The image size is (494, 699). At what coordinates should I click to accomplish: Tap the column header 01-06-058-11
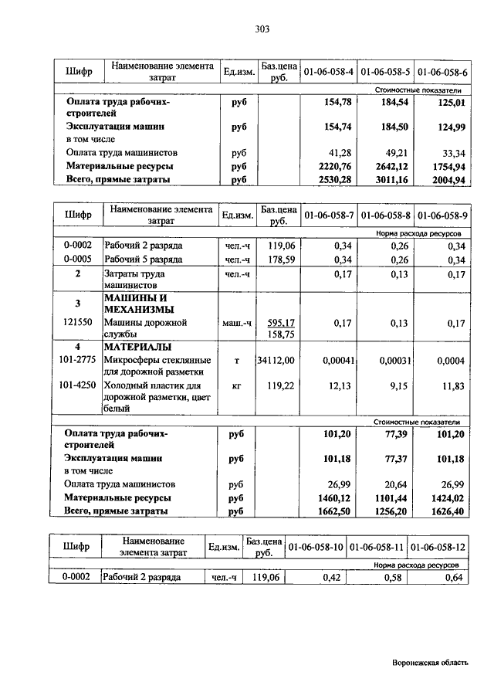pos(377,547)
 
